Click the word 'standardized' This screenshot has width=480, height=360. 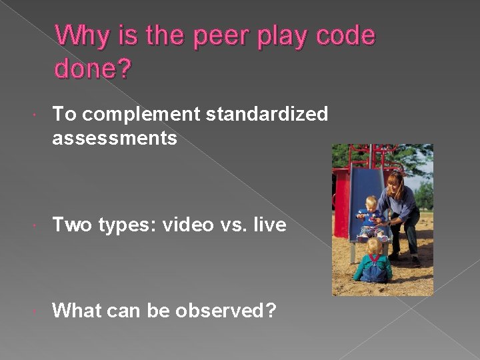pos(267,115)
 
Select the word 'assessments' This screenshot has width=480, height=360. pos(115,138)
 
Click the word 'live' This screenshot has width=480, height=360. pos(270,225)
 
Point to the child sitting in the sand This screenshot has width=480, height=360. pos(373,263)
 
